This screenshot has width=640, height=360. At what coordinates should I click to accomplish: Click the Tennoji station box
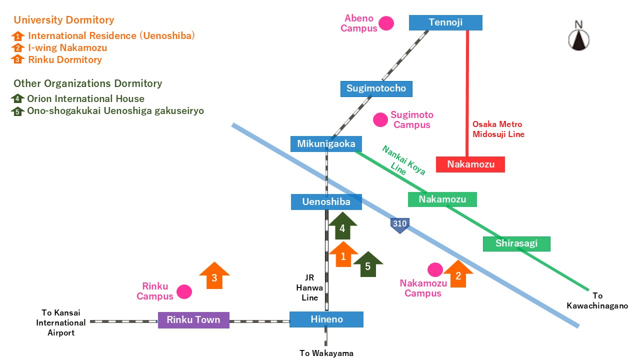point(445,22)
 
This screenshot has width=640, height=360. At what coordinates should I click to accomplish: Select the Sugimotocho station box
point(376,89)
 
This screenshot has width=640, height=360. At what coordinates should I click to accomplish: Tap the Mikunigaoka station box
point(325,144)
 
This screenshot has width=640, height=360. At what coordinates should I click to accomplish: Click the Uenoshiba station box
point(326,202)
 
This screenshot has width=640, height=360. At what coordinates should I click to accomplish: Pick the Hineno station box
point(326,319)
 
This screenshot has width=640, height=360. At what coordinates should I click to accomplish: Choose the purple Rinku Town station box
point(193,320)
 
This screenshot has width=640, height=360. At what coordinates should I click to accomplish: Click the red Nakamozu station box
point(470,164)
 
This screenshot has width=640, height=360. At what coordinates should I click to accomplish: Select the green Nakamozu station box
point(442,199)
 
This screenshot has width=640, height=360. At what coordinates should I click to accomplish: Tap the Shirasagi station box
point(516,243)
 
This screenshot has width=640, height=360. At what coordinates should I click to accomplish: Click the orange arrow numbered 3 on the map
point(214,276)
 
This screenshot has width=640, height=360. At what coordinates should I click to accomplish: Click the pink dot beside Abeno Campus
point(386,23)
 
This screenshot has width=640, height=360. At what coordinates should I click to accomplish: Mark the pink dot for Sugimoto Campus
point(380,119)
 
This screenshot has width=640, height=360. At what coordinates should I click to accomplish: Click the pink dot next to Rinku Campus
point(184,292)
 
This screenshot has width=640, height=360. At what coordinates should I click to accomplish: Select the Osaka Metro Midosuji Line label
point(498,129)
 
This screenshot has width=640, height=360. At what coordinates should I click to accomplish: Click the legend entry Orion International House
point(85,99)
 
